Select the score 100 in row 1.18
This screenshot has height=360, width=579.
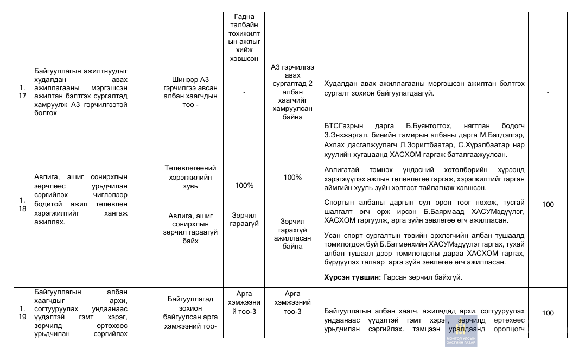(548, 204)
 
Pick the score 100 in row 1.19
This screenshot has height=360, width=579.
(548, 313)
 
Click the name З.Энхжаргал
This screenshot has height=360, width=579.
(345, 135)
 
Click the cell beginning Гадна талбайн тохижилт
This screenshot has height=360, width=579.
(244, 36)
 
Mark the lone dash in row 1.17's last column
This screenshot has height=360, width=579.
(548, 92)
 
